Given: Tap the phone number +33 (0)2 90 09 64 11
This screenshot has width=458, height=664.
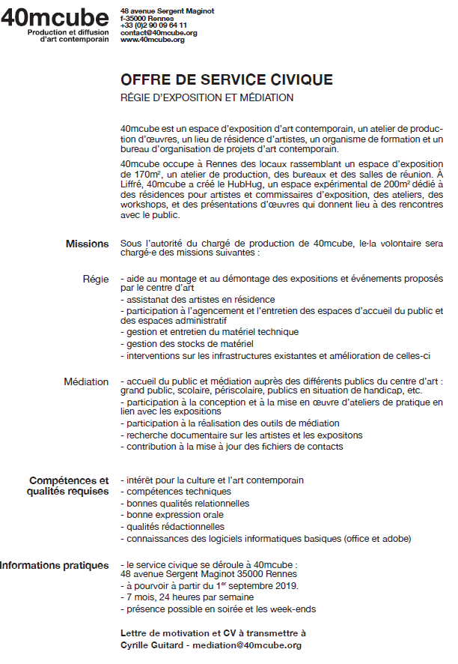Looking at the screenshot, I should pyautogui.click(x=154, y=25).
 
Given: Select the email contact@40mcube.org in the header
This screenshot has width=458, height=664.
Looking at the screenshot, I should pyautogui.click(x=159, y=33).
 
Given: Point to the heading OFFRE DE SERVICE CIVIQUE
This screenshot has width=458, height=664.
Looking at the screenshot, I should pyautogui.click(x=227, y=80).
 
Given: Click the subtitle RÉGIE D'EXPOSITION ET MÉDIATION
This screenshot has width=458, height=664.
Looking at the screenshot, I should pyautogui.click(x=207, y=98).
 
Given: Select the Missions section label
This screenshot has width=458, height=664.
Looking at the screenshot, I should pyautogui.click(x=87, y=244).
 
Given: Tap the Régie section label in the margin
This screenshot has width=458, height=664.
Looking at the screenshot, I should pyautogui.click(x=96, y=279).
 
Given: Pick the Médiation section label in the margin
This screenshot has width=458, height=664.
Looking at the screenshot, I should pyautogui.click(x=86, y=381).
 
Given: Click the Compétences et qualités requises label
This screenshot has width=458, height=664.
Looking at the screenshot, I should pyautogui.click(x=69, y=486).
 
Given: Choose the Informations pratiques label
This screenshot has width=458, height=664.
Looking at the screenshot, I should pyautogui.click(x=55, y=564).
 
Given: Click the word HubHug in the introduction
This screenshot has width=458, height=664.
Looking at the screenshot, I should pyautogui.click(x=245, y=184).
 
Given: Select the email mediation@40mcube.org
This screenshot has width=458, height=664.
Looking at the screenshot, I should pyautogui.click(x=246, y=645).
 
